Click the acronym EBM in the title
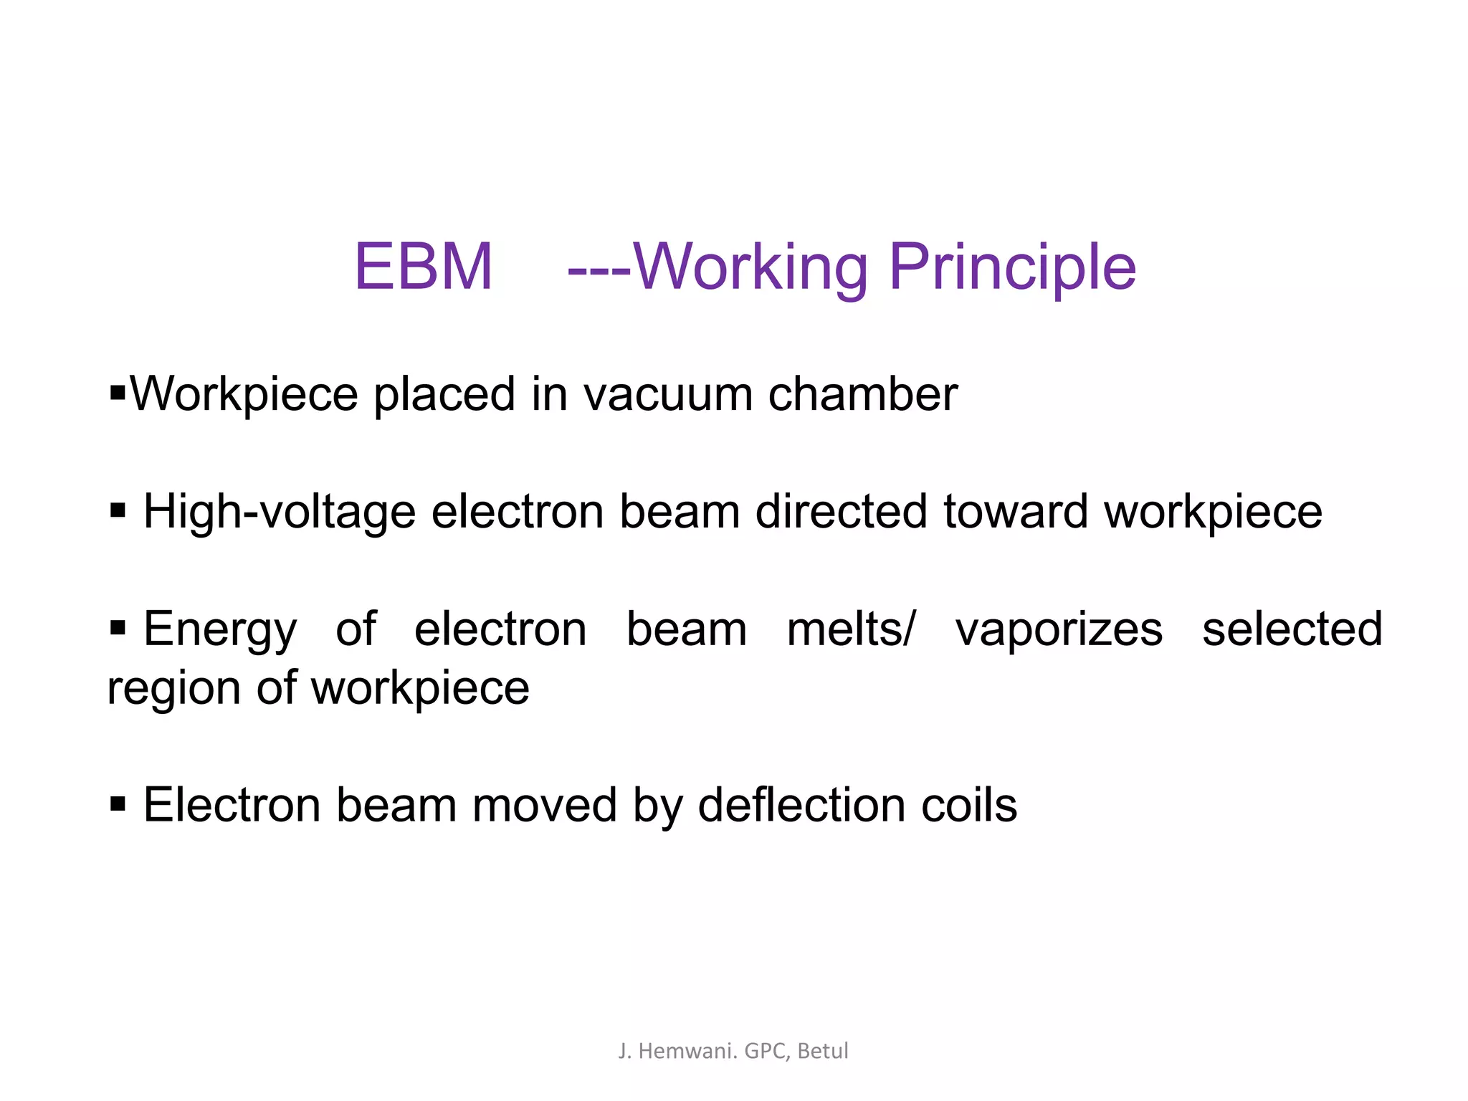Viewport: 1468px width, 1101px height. click(x=424, y=267)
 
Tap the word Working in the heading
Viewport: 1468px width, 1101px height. click(x=750, y=267)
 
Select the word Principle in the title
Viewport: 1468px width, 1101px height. click(x=1012, y=267)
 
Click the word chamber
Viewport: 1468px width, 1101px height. click(x=862, y=394)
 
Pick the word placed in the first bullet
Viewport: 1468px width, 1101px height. click(x=444, y=394)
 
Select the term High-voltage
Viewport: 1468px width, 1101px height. click(x=280, y=512)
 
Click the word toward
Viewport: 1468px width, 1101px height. click(x=1016, y=512)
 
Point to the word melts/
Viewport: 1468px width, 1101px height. click(x=851, y=629)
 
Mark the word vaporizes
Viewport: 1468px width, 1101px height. click(x=1059, y=629)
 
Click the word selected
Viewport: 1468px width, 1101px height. click(x=1292, y=629)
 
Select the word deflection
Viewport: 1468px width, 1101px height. click(x=801, y=805)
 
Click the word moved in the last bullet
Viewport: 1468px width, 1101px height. click(x=545, y=805)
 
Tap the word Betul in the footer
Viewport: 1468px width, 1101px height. click(x=823, y=1051)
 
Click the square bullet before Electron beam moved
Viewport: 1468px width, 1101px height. click(x=118, y=804)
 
